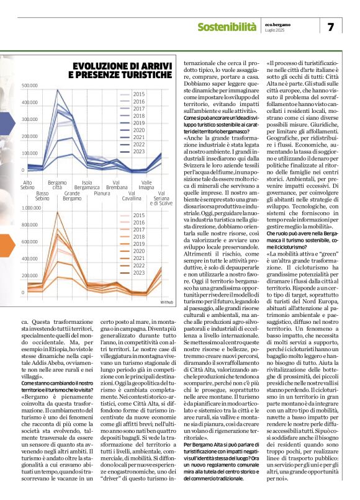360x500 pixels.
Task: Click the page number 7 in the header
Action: point(330,26)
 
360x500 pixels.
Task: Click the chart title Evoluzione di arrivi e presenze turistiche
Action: point(122,69)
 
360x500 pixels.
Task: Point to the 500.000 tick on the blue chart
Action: point(30,85)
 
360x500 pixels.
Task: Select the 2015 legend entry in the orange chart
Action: point(139,215)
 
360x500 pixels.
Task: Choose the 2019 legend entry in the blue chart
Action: point(139,123)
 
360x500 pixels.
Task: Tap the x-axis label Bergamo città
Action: point(57,184)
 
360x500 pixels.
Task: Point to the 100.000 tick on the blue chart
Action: point(30,153)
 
